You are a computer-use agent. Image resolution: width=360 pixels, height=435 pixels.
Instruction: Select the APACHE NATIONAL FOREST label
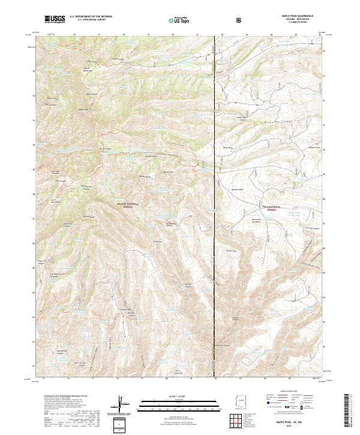(127, 205)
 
